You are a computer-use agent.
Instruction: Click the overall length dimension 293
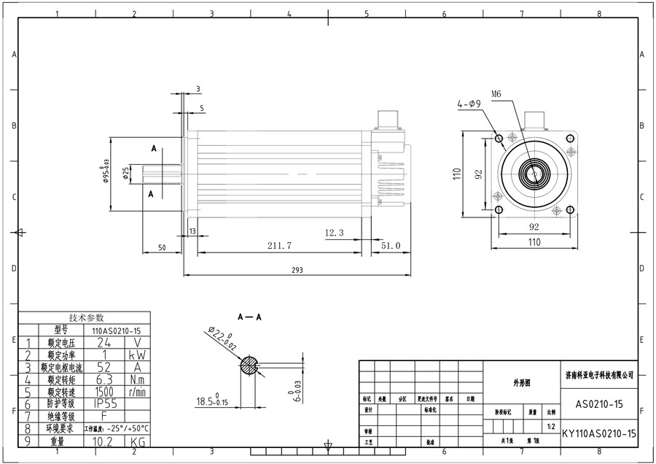[x=297, y=270]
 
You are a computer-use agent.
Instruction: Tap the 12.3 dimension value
[x=334, y=232]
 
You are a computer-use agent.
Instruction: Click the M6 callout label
[x=497, y=94]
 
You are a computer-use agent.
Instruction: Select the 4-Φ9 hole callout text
[x=468, y=104]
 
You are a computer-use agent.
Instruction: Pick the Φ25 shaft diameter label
[x=125, y=173]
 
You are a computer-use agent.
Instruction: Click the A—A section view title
[x=249, y=319]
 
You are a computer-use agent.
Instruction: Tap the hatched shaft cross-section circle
[x=250, y=365]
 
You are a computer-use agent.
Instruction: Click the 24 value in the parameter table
[x=105, y=341]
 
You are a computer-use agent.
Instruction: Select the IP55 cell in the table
[x=105, y=403]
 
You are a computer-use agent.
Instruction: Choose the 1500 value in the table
[x=105, y=391]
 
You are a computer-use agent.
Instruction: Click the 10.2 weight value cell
[x=105, y=441]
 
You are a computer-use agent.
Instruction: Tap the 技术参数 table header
[x=87, y=317]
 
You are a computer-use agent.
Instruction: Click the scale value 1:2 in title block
[x=552, y=426]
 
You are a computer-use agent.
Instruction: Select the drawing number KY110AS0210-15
[x=600, y=433]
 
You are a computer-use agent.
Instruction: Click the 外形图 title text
[x=522, y=382]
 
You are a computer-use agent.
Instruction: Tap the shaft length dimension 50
[x=161, y=248]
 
